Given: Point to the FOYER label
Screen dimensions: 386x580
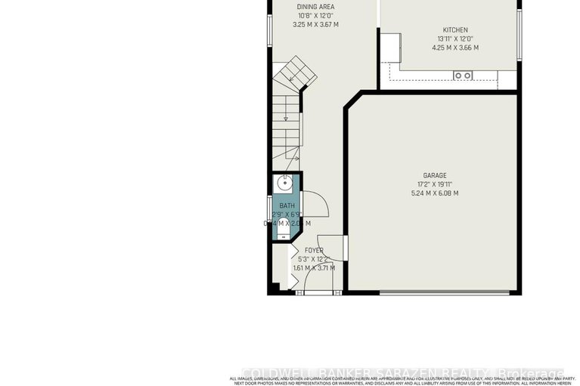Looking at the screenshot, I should point(314,250).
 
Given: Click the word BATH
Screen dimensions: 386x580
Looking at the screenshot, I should point(287,205).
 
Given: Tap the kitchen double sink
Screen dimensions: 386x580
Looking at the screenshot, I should point(463,75).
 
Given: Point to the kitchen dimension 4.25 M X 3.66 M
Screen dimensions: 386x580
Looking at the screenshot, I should point(454,48).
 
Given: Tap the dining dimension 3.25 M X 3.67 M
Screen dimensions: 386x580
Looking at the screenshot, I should point(315,24).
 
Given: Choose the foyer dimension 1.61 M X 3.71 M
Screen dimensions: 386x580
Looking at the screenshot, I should point(314,267).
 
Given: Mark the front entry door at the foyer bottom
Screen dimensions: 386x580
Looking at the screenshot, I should point(314,292).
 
